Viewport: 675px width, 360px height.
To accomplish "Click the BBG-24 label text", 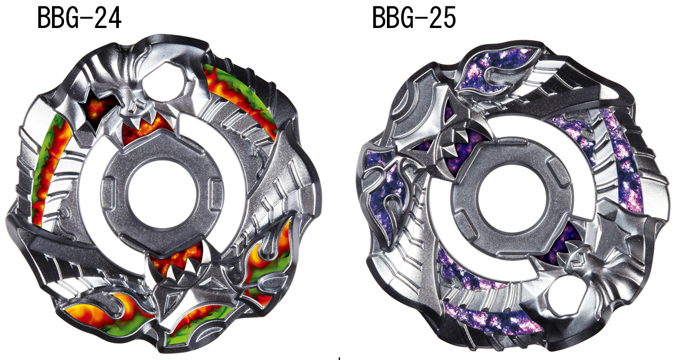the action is pyautogui.click(x=79, y=19).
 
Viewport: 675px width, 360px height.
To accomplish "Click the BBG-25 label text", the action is pyautogui.click(x=414, y=19).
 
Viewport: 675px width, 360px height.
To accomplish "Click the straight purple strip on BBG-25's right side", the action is pyautogui.click(x=622, y=160).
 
